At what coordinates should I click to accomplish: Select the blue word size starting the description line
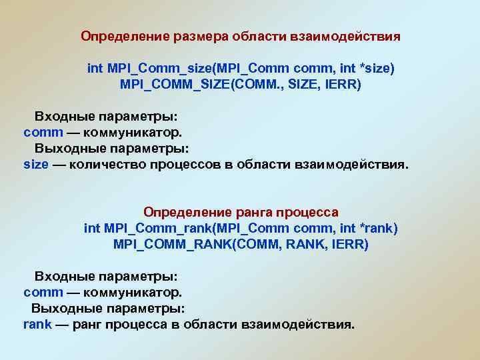[36, 165]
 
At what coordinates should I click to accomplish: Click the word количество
[103, 165]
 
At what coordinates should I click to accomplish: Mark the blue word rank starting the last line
[37, 325]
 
